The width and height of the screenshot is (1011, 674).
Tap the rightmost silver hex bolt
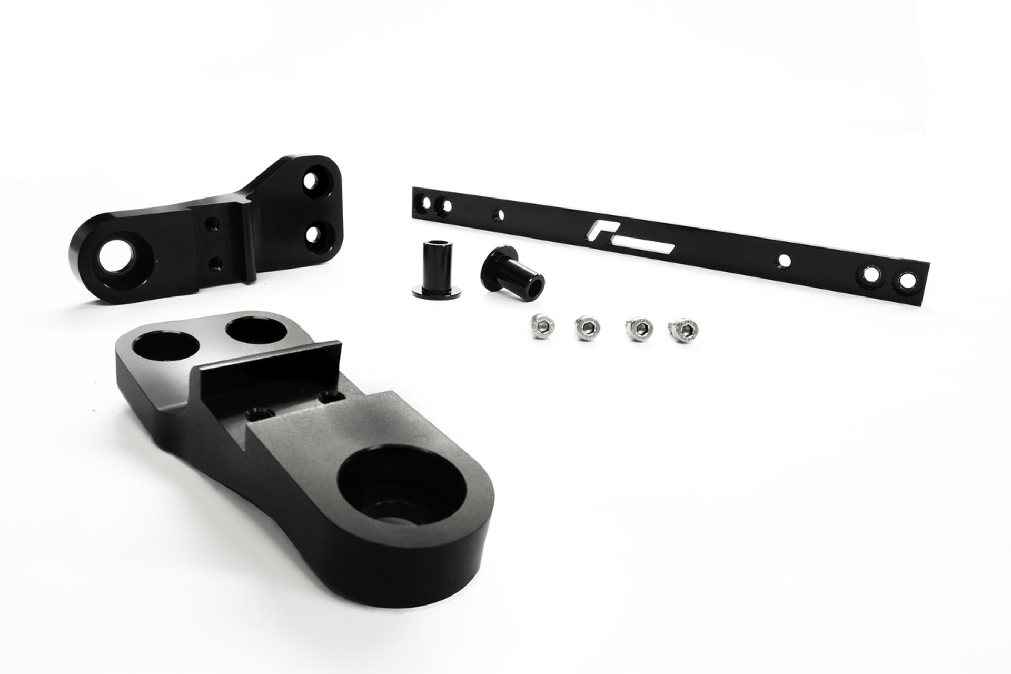coord(681,329)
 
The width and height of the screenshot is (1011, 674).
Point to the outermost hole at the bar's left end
coord(422,201)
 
